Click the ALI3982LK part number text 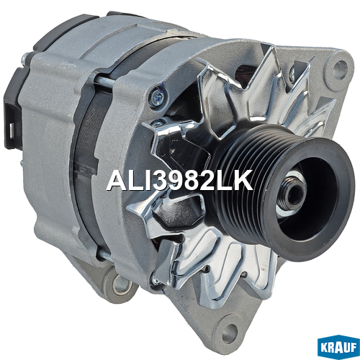(179, 180)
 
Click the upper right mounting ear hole (341, 66)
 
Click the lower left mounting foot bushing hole (122, 285)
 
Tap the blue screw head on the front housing (157, 96)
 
